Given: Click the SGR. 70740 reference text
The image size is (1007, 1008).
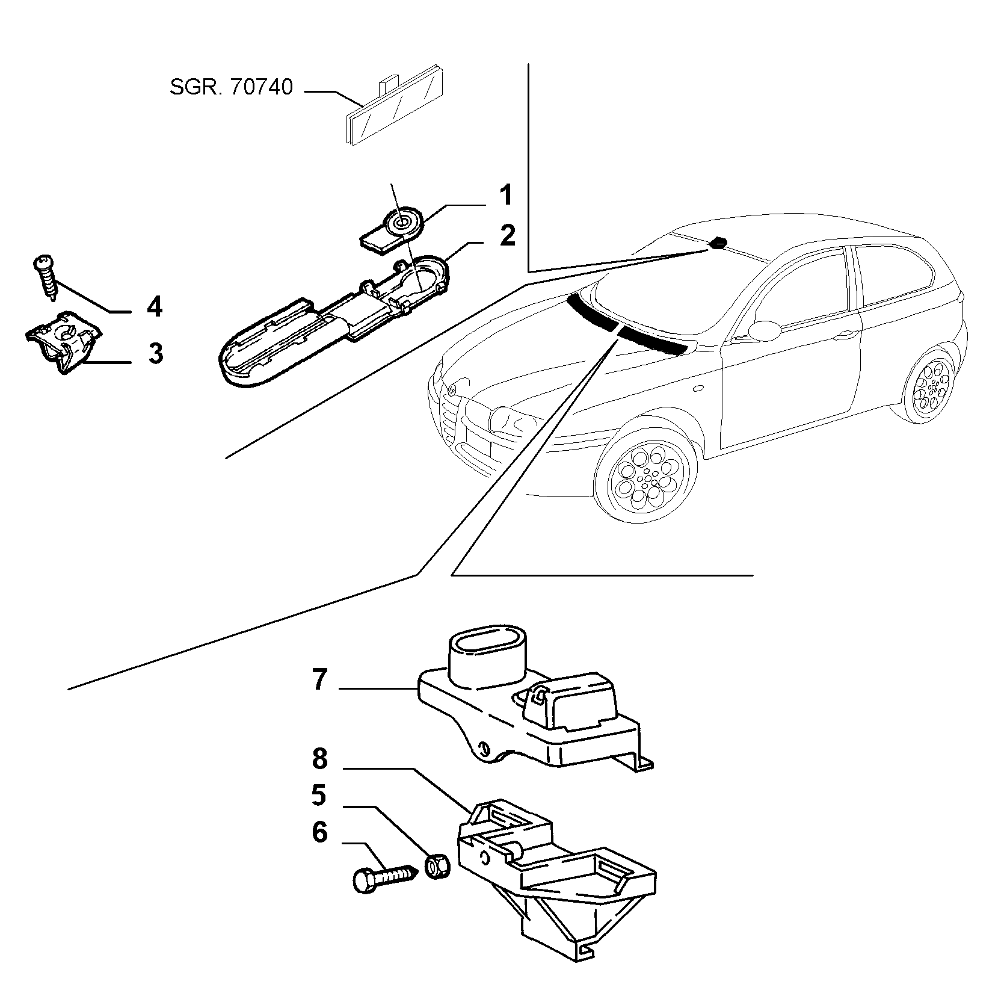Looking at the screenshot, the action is coord(232,88).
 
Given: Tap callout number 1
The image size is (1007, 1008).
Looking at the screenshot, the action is coord(505,196).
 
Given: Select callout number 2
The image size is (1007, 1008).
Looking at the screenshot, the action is coord(508,235).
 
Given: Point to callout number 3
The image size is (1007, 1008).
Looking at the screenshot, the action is coord(155,353).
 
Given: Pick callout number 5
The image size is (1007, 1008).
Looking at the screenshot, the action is coord(319,796).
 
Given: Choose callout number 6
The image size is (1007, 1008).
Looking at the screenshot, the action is coord(319,833).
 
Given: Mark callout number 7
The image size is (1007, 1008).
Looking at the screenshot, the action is coord(319,680).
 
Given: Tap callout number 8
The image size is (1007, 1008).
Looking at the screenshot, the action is coord(319,759).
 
